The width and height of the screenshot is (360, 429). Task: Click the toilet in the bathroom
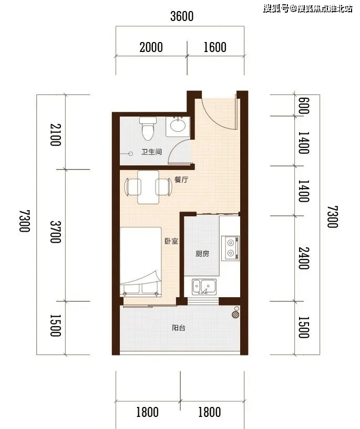click(x=148, y=128)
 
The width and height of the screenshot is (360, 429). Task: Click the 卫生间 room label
click(x=151, y=152)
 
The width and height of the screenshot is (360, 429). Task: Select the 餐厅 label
click(x=181, y=180)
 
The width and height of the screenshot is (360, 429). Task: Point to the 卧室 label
click(x=171, y=241)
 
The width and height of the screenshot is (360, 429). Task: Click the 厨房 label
click(x=202, y=254)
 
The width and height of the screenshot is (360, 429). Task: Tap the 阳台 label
click(x=179, y=328)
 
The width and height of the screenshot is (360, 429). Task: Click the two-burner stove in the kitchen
click(x=230, y=248)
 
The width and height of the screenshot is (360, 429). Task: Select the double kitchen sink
click(x=204, y=287)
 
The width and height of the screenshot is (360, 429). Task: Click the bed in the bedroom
click(x=141, y=262)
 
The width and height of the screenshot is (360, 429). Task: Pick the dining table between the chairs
click(x=148, y=187)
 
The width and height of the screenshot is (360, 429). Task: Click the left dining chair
click(x=132, y=187)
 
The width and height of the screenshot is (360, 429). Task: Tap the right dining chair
click(x=164, y=187)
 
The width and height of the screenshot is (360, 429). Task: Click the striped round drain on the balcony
click(x=235, y=315)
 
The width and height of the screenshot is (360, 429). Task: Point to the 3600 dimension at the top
click(x=182, y=16)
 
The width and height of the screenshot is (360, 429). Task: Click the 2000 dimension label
click(x=151, y=47)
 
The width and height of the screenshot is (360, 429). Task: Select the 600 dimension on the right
click(x=303, y=106)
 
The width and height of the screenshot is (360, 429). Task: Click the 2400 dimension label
click(x=303, y=258)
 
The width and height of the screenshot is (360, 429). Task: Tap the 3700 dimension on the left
click(x=55, y=232)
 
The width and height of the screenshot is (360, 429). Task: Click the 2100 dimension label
click(x=55, y=135)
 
